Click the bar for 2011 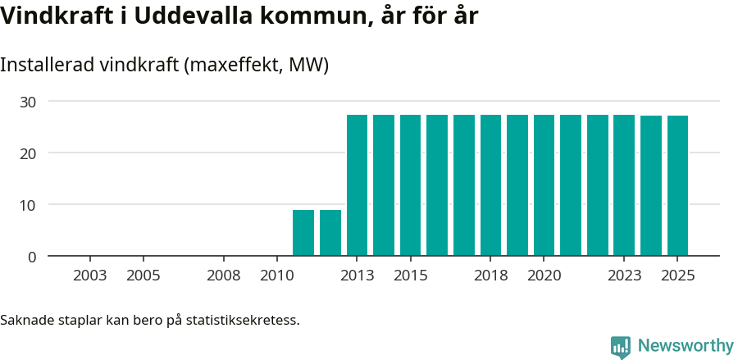[303, 233]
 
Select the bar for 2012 [330, 233]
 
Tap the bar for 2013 [357, 185]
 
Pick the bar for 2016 [437, 185]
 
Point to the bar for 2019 [517, 185]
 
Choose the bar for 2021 [571, 185]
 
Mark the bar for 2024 [651, 186]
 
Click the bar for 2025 [677, 186]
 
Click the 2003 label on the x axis [89, 276]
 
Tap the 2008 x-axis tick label [223, 276]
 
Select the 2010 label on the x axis [276, 276]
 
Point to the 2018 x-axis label [490, 276]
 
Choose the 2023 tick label [624, 276]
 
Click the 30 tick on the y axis [29, 102]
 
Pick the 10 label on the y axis [29, 205]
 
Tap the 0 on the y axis [33, 257]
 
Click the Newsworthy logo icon [621, 346]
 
